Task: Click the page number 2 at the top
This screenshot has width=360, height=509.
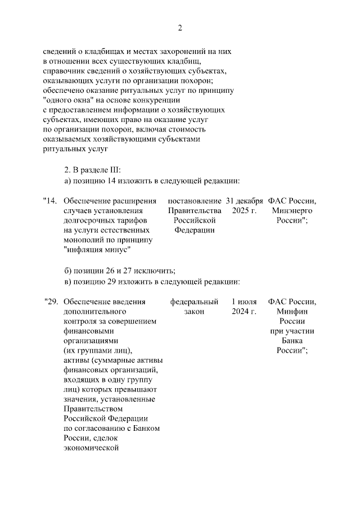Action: tap(180, 28)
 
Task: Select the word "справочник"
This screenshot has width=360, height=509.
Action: tap(64, 71)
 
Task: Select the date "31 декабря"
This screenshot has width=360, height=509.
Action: tap(244, 201)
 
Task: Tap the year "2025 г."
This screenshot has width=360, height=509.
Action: tap(244, 210)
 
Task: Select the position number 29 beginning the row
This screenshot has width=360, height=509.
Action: tap(52, 301)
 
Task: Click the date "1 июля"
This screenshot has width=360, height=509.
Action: tap(244, 301)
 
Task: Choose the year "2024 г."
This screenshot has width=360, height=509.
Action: tap(244, 311)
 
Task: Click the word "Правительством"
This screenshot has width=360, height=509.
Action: tap(92, 409)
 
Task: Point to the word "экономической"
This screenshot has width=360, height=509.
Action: tap(93, 448)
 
